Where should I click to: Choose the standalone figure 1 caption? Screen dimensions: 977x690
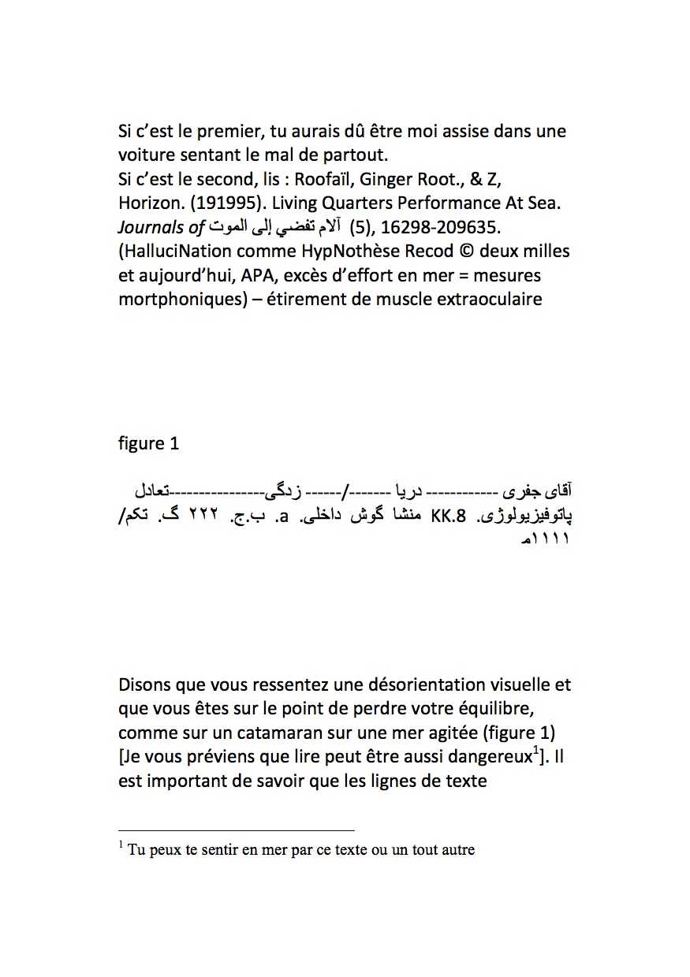click(x=148, y=444)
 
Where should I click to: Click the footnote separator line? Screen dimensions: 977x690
click(x=237, y=830)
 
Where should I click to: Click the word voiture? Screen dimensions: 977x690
click(x=146, y=155)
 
